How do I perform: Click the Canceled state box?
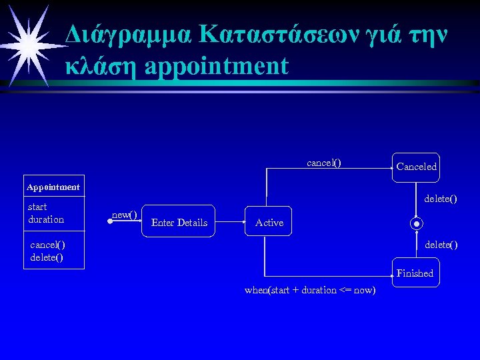[x=416, y=167]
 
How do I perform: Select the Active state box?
[x=269, y=223]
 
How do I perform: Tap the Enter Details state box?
[x=179, y=223]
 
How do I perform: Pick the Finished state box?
[x=415, y=273]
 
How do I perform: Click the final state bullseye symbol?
[x=417, y=223]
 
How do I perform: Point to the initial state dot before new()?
[x=108, y=219]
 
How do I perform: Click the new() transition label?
[x=125, y=215]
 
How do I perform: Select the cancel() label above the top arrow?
[x=323, y=163]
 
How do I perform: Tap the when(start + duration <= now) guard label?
[x=310, y=290]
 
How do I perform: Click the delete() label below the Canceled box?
[x=441, y=199]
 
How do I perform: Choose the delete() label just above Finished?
[x=441, y=245]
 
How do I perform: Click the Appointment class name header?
[x=53, y=187]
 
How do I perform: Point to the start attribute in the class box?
[x=37, y=207]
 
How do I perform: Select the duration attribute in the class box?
[x=46, y=219]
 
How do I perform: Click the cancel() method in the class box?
[x=47, y=245]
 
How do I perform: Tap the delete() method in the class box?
[x=47, y=257]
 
